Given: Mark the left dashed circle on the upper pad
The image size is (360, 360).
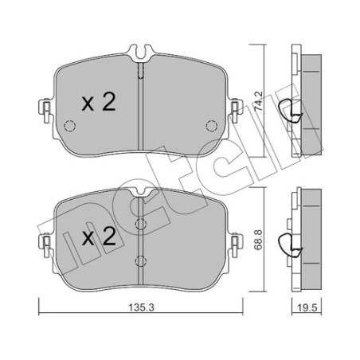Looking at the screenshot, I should pos(69,125).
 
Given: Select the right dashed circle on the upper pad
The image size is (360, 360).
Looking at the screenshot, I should pos(211,124).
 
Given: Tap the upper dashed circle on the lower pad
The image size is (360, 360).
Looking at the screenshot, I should pos(139,225).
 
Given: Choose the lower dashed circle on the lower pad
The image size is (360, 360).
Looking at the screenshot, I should pos(139,259).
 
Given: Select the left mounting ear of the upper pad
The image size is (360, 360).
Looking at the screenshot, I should pos(45,108).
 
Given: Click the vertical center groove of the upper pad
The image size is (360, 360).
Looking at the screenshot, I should pos(140,104).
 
